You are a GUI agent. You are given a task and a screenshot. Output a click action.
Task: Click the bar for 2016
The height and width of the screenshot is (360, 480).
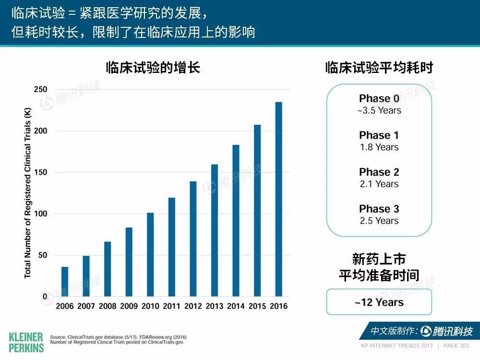[x=278, y=199]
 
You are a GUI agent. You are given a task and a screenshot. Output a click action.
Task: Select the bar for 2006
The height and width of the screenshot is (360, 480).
[x=65, y=282]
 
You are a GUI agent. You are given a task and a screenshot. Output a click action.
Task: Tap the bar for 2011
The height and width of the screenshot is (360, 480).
[x=172, y=247]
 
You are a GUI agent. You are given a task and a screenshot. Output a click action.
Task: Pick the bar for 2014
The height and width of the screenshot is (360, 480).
[x=236, y=220]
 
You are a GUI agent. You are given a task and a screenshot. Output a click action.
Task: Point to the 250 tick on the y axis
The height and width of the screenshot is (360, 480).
[x=41, y=89]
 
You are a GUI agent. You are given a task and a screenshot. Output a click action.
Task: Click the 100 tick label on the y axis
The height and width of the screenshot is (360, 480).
[x=41, y=214]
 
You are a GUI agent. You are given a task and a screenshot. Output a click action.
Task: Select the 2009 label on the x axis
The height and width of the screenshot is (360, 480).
[x=129, y=306]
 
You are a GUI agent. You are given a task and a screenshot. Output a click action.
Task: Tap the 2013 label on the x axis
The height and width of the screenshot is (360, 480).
[x=214, y=306]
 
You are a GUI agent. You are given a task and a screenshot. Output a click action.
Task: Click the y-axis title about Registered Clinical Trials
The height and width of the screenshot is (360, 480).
[x=27, y=193]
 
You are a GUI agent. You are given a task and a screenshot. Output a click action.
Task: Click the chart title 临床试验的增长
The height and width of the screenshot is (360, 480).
[x=153, y=67]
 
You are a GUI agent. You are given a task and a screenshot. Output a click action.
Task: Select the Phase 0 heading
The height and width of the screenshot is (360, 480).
[x=379, y=98]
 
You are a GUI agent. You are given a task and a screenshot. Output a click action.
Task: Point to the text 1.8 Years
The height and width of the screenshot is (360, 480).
[x=379, y=147]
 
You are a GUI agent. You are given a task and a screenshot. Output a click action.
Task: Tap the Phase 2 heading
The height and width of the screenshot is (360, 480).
[x=379, y=172]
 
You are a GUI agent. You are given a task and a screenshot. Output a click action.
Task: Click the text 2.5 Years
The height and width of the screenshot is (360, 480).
[x=379, y=221]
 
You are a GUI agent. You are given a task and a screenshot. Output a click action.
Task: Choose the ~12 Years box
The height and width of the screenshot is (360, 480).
[x=379, y=302]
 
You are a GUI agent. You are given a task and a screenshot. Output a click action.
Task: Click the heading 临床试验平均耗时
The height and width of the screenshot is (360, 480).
[x=379, y=67]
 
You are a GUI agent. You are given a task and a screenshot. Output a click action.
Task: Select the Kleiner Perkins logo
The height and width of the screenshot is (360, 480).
[x=26, y=343]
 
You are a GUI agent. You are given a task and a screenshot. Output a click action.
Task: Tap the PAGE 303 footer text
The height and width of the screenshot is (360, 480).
[x=456, y=346]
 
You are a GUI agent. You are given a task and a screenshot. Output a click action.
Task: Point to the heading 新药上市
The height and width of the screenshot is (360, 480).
[x=379, y=259]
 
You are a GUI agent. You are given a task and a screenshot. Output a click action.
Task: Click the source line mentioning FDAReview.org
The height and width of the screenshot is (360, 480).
[x=119, y=337]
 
